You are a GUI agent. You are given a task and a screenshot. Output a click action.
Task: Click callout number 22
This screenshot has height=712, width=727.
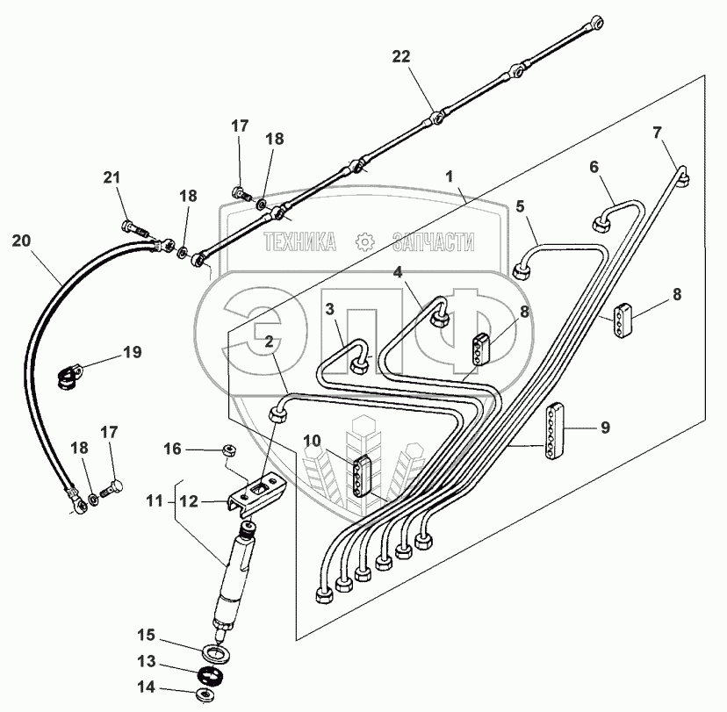point(401,57)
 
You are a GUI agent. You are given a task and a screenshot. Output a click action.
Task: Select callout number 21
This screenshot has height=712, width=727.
point(111,177)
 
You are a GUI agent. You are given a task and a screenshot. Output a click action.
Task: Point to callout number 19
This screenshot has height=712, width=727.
point(132,353)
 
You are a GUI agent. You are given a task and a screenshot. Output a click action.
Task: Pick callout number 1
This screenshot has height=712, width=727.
point(450,176)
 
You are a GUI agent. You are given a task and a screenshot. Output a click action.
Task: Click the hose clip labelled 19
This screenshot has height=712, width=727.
point(69,380)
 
